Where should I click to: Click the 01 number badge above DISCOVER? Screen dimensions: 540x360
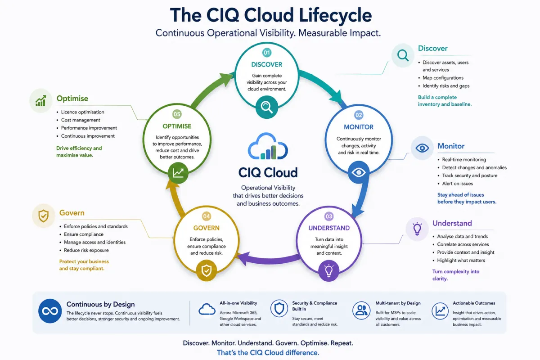click(x=266, y=53)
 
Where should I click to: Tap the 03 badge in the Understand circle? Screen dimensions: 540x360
click(x=329, y=216)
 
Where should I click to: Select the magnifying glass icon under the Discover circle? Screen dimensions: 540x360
click(x=266, y=107)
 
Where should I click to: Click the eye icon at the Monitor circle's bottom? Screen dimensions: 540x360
click(x=359, y=172)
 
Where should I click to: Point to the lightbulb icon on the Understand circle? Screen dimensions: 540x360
click(x=328, y=271)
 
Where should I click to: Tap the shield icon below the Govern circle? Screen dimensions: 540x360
click(x=207, y=270)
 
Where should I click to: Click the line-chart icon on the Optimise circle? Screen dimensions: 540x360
click(x=178, y=173)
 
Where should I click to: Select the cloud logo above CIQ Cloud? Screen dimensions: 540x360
click(x=268, y=146)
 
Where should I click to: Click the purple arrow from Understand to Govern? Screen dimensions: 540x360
click(x=268, y=260)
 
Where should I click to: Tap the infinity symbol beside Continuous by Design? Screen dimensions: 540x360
click(x=50, y=311)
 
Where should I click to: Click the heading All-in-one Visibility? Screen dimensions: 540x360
click(x=238, y=303)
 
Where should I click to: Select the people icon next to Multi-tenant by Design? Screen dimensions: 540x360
click(x=361, y=310)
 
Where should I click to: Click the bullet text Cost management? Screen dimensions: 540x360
click(x=81, y=120)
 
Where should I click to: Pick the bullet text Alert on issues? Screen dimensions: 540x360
click(x=457, y=184)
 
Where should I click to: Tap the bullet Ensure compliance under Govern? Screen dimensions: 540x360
click(x=84, y=234)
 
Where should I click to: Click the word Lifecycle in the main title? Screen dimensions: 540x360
click(x=335, y=15)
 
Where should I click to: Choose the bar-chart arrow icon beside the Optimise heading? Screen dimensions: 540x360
click(x=41, y=100)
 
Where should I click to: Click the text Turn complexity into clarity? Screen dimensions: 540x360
click(x=455, y=275)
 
